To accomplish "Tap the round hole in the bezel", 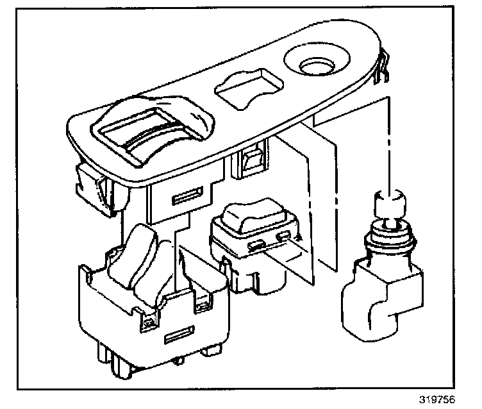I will point(314,65).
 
